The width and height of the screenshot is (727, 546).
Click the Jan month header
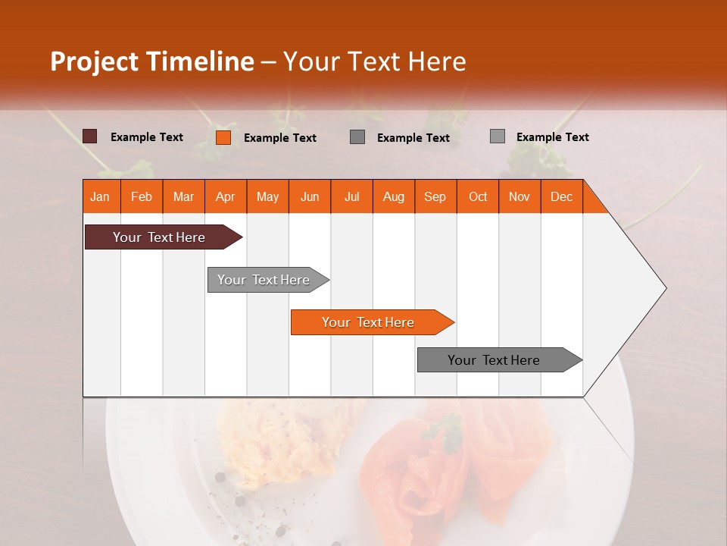click(x=100, y=196)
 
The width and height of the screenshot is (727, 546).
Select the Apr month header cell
click(x=225, y=196)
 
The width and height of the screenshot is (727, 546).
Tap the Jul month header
click(x=351, y=196)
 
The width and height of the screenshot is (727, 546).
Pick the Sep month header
click(x=435, y=196)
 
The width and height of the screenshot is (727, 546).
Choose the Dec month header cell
click(x=561, y=196)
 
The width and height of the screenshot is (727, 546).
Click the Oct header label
click(x=477, y=196)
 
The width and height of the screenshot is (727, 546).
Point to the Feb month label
click(x=141, y=196)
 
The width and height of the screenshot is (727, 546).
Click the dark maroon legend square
click(x=89, y=136)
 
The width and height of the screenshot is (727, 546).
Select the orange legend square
click(x=223, y=137)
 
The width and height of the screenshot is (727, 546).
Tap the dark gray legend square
click(x=357, y=137)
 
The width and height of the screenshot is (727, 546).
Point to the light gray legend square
click(x=497, y=136)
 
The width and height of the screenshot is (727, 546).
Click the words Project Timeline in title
click(x=152, y=61)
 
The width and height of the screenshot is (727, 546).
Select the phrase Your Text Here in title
click(x=374, y=61)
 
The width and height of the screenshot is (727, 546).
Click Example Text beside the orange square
click(x=279, y=138)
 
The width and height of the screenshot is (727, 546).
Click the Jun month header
click(x=309, y=196)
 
